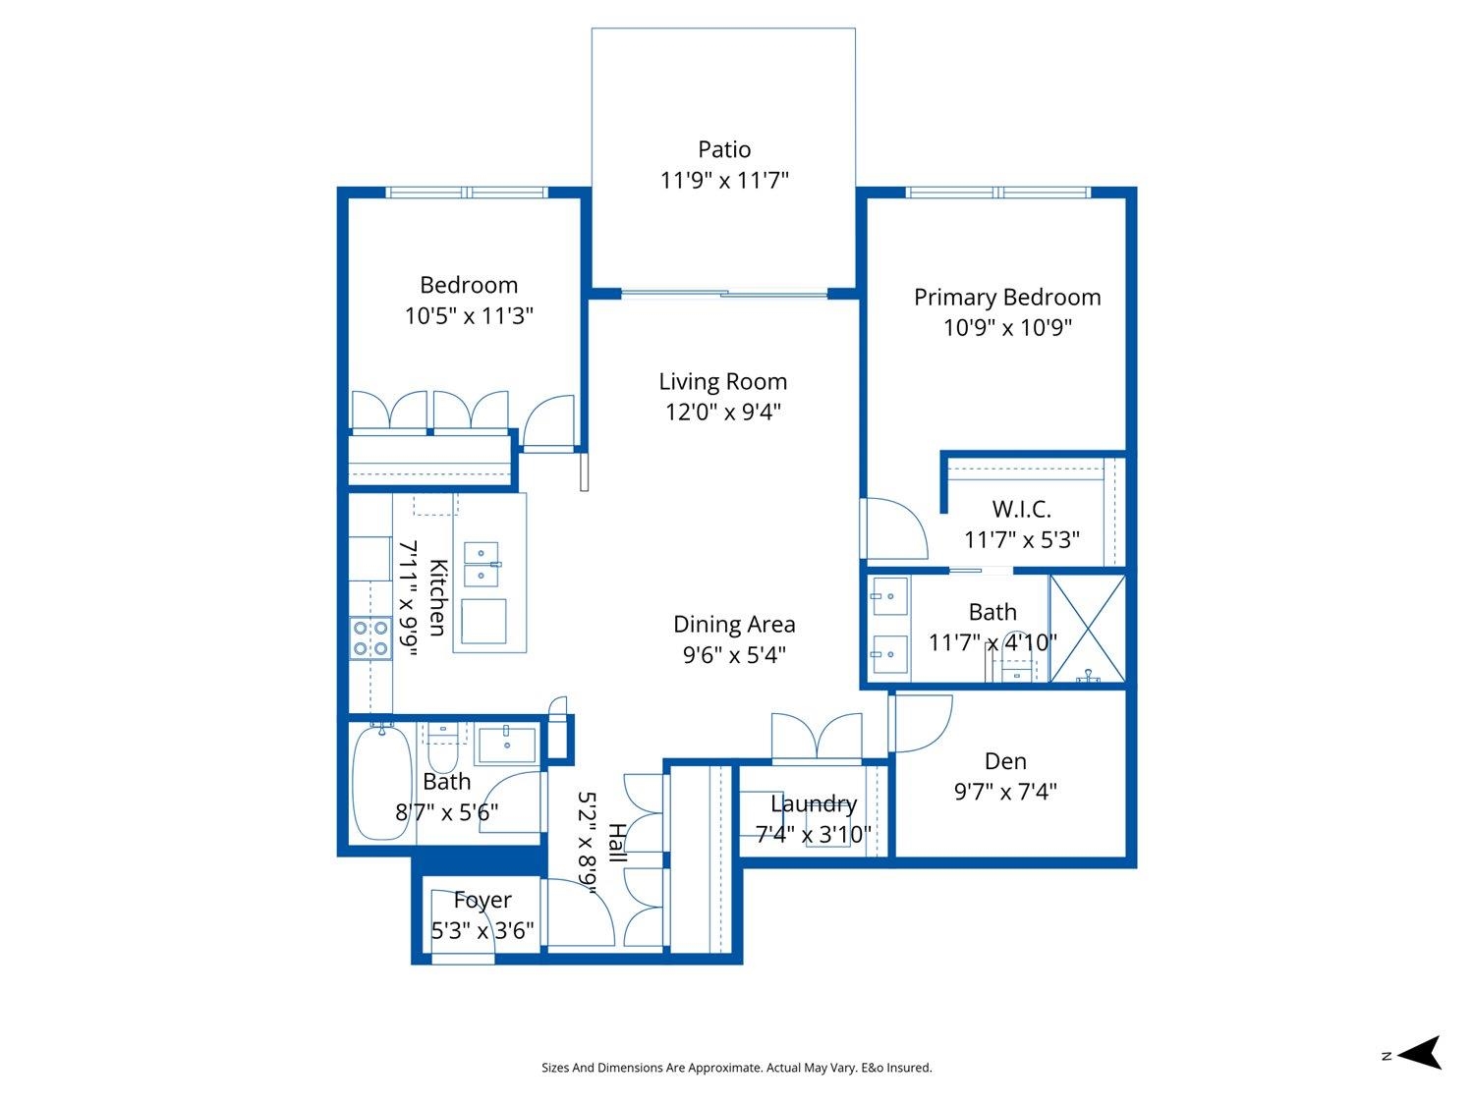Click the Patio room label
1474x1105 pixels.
click(x=724, y=149)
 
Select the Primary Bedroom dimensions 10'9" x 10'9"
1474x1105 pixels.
click(x=1007, y=327)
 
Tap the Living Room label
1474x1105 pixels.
click(x=722, y=381)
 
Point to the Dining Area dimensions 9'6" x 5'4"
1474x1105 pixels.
click(x=734, y=654)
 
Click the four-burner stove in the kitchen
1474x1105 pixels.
click(x=370, y=638)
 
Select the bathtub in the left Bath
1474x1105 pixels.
click(x=382, y=782)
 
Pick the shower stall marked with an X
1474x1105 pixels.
click(x=1087, y=628)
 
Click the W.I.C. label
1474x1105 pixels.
click(x=1021, y=509)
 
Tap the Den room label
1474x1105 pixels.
click(x=1005, y=761)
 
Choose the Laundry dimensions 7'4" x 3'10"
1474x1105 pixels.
click(x=814, y=834)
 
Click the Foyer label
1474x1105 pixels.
click(x=482, y=900)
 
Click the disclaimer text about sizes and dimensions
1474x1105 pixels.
click(x=737, y=1068)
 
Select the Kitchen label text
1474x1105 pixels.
click(x=437, y=597)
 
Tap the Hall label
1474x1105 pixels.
click(x=616, y=843)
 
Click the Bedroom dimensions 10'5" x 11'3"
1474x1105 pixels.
click(x=469, y=315)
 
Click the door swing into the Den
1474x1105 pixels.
click(x=920, y=723)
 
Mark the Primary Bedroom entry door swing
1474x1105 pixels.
click(x=894, y=528)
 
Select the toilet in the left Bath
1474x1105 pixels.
click(x=443, y=748)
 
